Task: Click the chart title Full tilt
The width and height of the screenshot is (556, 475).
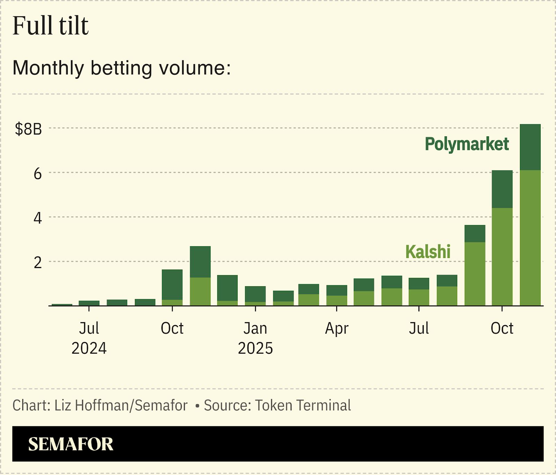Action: coord(51,26)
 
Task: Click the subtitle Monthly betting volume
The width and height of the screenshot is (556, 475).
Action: coord(122,67)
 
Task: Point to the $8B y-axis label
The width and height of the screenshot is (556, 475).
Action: coord(28,129)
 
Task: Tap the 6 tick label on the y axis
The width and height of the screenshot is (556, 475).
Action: coord(38,174)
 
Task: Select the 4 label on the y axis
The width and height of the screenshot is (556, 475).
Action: coord(38,218)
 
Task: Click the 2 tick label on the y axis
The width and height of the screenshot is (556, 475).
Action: coord(38,263)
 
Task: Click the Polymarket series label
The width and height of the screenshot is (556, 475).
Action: coord(467,144)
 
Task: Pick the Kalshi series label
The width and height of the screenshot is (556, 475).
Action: coord(428,251)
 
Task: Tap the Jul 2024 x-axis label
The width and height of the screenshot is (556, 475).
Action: coord(89,338)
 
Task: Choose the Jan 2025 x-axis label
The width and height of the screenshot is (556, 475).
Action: coord(255,338)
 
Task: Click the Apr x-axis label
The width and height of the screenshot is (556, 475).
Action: coord(336,329)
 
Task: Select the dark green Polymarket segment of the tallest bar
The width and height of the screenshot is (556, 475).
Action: coord(530,147)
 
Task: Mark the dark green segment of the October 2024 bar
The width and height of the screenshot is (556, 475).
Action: coord(172,284)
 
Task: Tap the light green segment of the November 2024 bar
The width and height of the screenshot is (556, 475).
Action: coord(200,291)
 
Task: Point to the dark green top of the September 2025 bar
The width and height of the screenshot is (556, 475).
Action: coord(475,233)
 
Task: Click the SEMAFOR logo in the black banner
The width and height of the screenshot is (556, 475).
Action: coord(71,444)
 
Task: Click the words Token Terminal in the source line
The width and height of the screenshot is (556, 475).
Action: coord(303,405)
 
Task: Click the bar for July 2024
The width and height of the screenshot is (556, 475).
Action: coord(89,303)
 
